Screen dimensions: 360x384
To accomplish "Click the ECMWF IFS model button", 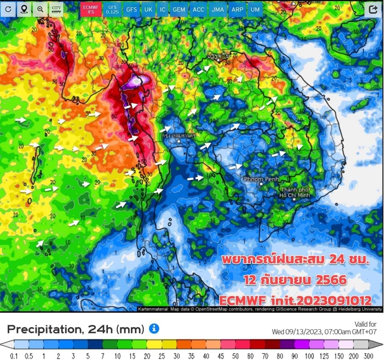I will [90, 10].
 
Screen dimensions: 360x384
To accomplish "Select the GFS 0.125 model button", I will [112, 10].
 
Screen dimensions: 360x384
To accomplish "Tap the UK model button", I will [148, 10].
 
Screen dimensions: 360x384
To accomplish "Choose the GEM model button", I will [179, 10].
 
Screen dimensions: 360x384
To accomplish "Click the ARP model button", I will [237, 10].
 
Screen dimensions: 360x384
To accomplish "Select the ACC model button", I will [198, 10].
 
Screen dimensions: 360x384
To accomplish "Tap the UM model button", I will [255, 10].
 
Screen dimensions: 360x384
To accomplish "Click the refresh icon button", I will [8, 10].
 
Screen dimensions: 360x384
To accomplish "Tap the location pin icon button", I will [24, 10].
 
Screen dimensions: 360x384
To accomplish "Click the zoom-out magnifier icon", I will [40, 10].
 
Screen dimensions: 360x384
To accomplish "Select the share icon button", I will [373, 10].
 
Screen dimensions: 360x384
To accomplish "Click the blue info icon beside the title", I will [154, 329].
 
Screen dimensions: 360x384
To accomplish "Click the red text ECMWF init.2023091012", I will [295, 301].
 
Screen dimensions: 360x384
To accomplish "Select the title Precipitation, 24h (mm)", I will [75, 329].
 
